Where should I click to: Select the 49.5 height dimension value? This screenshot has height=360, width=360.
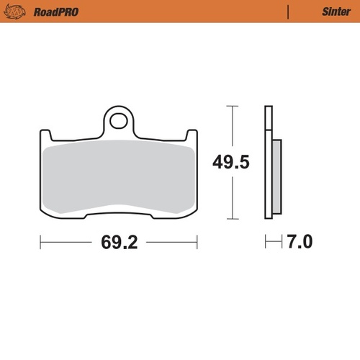pyautogui.click(x=230, y=162)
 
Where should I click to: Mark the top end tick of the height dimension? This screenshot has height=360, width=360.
pyautogui.click(x=230, y=106)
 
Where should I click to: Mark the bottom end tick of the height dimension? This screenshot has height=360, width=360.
pyautogui.click(x=230, y=218)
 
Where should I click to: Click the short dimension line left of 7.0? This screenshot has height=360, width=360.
pyautogui.click(x=272, y=242)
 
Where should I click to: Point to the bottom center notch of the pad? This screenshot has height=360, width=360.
pyautogui.click(x=119, y=213)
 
